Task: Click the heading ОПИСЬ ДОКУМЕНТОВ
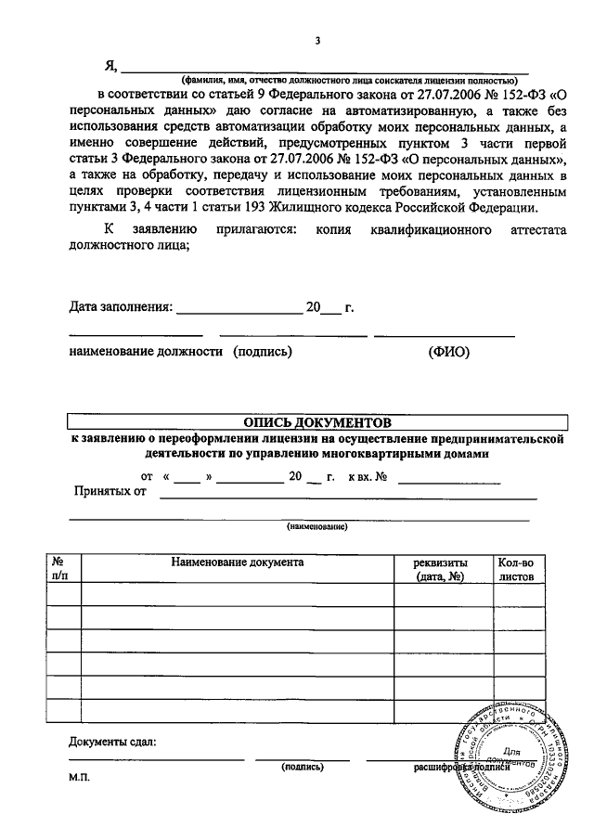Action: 316,420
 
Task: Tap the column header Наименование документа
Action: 237,562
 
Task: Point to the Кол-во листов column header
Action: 517,569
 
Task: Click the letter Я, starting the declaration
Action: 111,64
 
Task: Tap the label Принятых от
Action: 110,490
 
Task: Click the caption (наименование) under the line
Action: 316,526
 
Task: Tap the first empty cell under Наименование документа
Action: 237,594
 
